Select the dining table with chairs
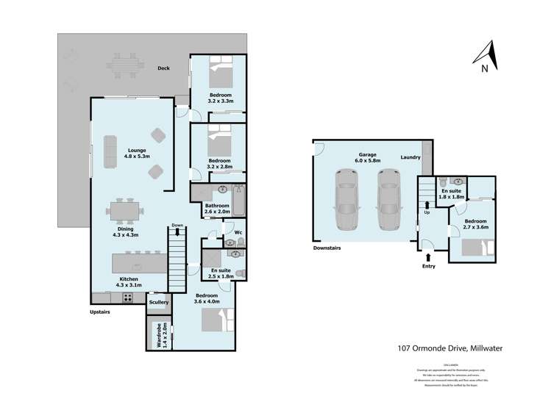(x=125, y=211)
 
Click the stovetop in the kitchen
(x=127, y=298)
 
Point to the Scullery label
(x=159, y=302)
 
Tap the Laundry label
(x=410, y=157)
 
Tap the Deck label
(x=163, y=68)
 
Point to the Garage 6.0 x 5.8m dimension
(x=367, y=161)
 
